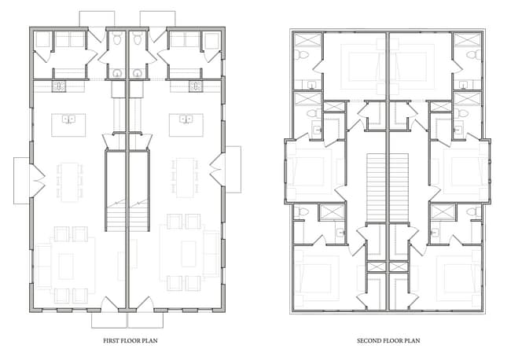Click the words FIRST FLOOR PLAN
click(131, 341)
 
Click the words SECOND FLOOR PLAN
click(388, 341)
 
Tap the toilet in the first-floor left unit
click(116, 39)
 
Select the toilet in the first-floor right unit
click(138, 39)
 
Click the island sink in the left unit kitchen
click(68, 119)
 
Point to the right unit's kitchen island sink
click(186, 119)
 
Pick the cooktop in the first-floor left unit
click(59, 86)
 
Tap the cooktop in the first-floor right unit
click(196, 86)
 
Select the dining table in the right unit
click(185, 178)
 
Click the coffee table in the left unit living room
click(66, 266)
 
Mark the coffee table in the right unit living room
click(189, 254)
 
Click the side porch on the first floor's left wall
click(21, 181)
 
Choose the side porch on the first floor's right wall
click(233, 170)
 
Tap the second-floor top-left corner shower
click(308, 40)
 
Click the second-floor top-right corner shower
click(467, 40)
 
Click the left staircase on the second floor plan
click(377, 189)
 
